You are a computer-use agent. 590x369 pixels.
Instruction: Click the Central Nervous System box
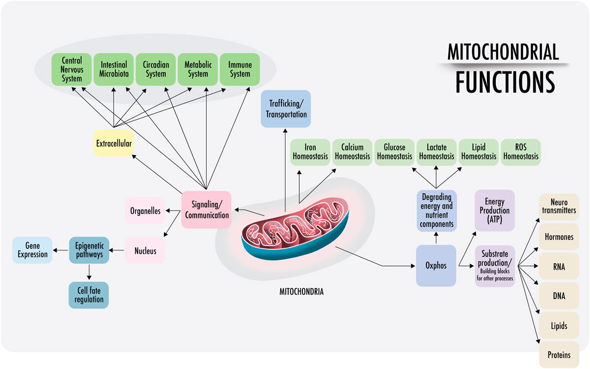(72, 69)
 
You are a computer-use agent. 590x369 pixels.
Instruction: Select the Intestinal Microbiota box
(114, 69)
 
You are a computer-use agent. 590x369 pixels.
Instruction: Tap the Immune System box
(240, 69)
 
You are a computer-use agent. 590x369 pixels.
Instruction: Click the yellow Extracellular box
(113, 143)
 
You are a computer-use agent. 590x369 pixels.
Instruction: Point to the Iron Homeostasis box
(310, 152)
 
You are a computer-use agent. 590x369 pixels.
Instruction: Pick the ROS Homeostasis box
(521, 152)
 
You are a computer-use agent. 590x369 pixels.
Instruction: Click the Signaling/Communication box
(206, 209)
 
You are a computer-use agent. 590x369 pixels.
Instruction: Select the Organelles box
(145, 211)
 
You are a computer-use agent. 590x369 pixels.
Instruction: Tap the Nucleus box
(145, 250)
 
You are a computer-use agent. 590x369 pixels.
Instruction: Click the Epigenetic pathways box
(89, 250)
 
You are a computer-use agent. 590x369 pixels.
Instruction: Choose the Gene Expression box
(32, 250)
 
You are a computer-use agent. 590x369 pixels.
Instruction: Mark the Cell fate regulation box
(89, 295)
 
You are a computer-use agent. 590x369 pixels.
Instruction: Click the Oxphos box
(436, 265)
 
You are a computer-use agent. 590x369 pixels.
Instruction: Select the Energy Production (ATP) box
(495, 210)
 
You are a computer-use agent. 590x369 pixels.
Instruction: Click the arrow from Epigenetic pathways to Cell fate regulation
(89, 272)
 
